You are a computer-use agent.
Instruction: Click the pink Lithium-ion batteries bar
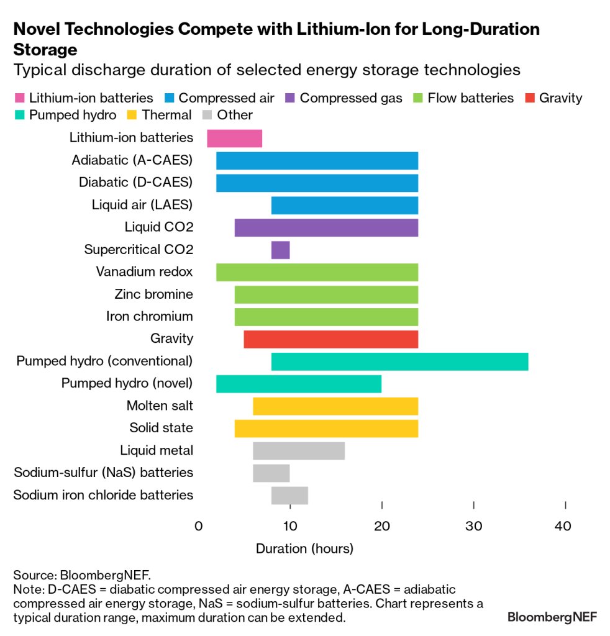tap(234, 139)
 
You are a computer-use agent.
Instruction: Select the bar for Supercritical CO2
tap(280, 250)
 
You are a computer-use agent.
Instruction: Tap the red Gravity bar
tap(330, 339)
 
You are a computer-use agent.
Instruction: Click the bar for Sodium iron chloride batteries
tap(289, 495)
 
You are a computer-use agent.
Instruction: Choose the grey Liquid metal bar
tap(299, 450)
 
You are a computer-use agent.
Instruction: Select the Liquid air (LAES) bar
tap(344, 205)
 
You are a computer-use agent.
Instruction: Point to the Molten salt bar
tap(335, 406)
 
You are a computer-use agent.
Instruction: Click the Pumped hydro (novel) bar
tap(298, 384)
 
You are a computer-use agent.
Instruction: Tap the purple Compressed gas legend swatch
tap(289, 98)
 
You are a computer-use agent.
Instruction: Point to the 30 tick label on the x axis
tap(474, 526)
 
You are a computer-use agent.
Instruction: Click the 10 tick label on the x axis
tap(289, 526)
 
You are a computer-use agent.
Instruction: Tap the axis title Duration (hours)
tap(304, 548)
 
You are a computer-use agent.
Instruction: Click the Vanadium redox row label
tap(144, 272)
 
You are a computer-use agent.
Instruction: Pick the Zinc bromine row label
tap(153, 294)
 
